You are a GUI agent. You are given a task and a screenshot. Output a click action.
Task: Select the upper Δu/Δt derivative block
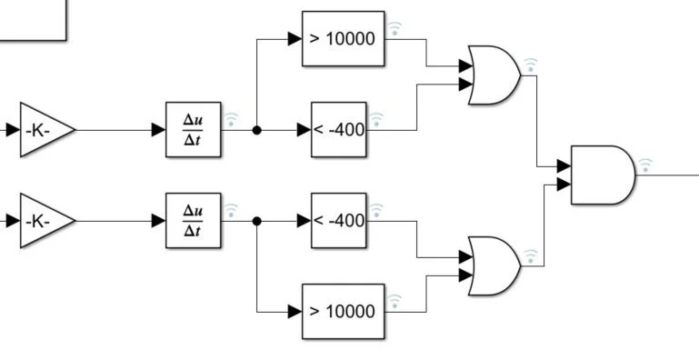tap(193, 130)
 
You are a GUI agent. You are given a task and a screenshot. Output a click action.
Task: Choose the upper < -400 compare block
tap(338, 130)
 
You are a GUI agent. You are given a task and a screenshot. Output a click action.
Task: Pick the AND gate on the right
tap(601, 175)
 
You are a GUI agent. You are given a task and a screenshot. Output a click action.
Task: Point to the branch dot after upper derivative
tap(257, 130)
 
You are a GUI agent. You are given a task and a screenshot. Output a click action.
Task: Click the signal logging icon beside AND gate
tap(645, 165)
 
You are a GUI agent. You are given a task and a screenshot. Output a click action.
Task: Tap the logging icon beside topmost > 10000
tap(394, 28)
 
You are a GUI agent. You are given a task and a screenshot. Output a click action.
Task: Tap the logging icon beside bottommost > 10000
tap(394, 301)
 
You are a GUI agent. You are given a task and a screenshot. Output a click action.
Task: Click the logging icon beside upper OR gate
tap(531, 65)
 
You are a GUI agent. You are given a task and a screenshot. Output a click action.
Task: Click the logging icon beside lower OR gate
tap(531, 257)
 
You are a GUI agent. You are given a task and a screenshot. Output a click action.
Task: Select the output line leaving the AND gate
tap(668, 175)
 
